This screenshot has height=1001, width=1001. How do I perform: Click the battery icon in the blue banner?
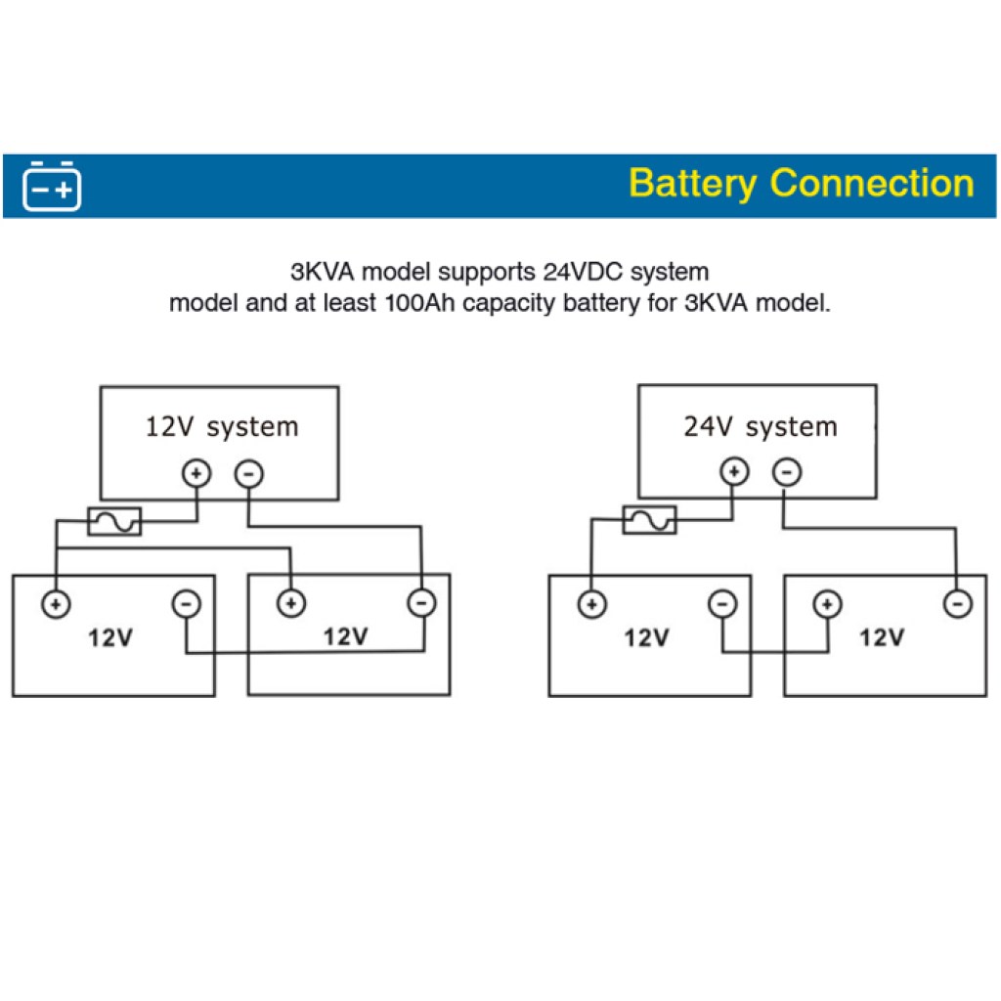(x=52, y=186)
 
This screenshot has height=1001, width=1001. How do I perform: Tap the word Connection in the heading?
(x=872, y=184)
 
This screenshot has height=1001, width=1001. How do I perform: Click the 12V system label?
(x=222, y=427)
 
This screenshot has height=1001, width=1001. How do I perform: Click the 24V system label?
(x=760, y=427)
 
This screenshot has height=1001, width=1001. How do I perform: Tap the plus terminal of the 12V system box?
(x=197, y=474)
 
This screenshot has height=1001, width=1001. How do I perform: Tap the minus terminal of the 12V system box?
(x=248, y=474)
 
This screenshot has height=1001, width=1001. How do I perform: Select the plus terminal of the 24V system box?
(x=734, y=473)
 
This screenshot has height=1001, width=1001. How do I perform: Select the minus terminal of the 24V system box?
(x=786, y=473)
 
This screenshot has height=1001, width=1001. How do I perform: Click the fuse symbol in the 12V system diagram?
(x=114, y=522)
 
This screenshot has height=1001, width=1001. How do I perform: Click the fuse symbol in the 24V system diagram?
(x=649, y=520)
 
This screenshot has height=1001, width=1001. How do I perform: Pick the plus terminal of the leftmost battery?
(x=56, y=603)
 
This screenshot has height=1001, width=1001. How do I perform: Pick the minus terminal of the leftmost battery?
(x=186, y=603)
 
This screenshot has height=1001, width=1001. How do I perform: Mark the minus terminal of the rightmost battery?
(x=957, y=604)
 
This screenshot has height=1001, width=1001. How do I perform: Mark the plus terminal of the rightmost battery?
(x=827, y=604)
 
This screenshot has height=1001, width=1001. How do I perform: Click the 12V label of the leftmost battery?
(x=109, y=638)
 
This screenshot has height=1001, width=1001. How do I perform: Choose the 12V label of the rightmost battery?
(x=881, y=638)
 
